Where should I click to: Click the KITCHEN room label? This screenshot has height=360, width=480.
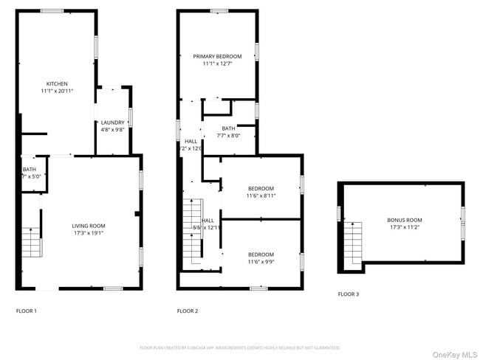click(58, 83)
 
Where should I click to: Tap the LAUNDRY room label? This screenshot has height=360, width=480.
click(112, 122)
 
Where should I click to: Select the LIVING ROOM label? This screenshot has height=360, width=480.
click(88, 226)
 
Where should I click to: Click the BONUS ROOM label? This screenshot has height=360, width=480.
click(405, 220)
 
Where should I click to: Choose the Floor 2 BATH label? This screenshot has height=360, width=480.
click(228, 128)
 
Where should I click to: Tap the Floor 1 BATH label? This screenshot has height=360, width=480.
click(29, 170)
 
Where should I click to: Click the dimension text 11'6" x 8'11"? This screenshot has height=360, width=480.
click(261, 195)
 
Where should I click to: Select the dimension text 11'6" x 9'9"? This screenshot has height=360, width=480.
click(261, 262)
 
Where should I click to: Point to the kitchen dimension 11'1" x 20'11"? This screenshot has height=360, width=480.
click(58, 91)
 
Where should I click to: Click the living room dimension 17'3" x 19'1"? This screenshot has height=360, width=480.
click(88, 233)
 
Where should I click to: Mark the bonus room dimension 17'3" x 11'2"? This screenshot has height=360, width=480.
click(405, 227)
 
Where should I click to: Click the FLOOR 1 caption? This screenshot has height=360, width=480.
click(27, 311)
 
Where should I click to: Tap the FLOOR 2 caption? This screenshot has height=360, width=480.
click(188, 311)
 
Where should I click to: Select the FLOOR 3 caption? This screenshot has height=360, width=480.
click(349, 294)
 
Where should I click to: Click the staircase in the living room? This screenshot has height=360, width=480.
click(30, 242)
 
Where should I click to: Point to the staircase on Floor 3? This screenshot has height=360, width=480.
click(354, 243)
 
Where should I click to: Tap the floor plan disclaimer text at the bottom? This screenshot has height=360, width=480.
click(239, 347)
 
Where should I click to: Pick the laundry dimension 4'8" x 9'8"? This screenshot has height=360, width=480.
click(112, 130)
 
